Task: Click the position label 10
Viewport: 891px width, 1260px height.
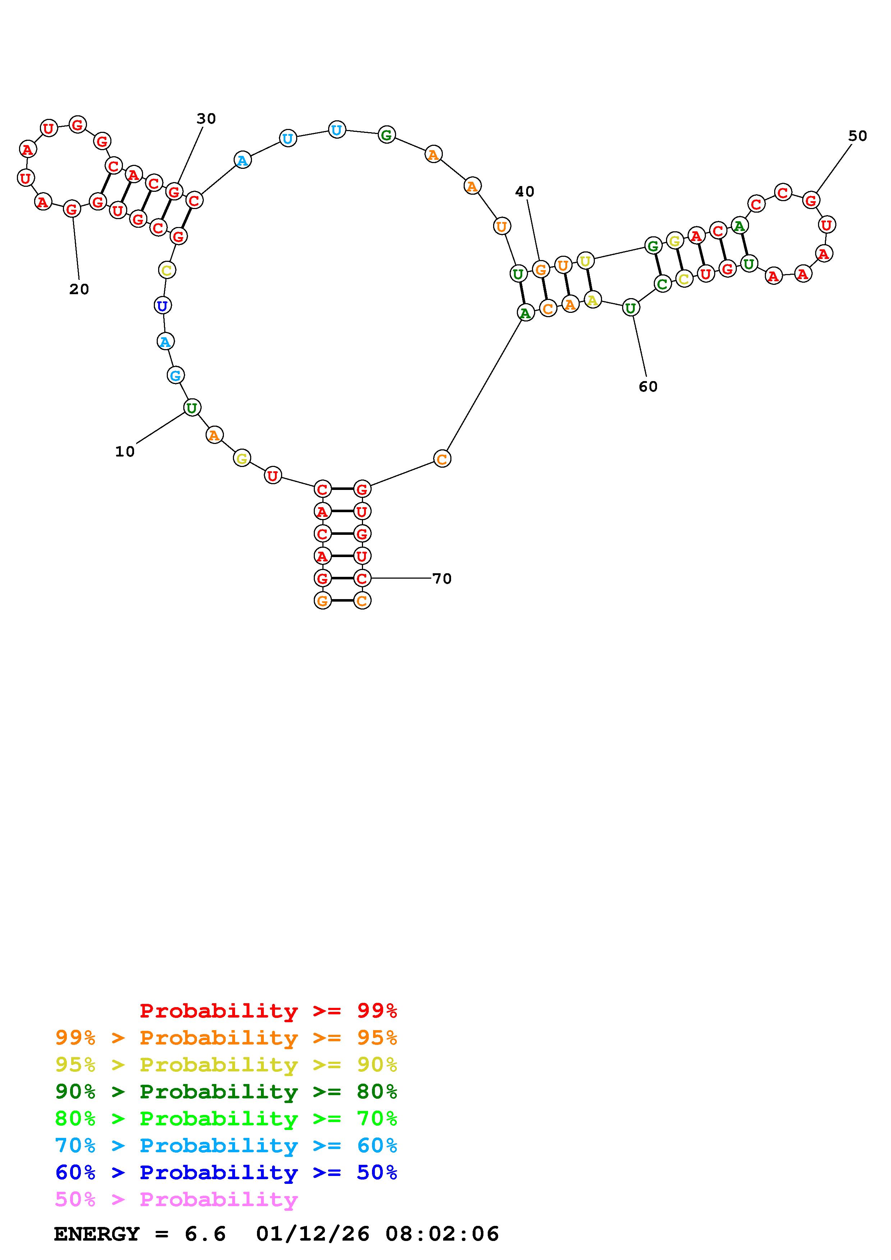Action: click(125, 451)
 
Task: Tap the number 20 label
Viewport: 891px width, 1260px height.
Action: click(79, 289)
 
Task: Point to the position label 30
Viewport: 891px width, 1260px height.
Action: click(206, 119)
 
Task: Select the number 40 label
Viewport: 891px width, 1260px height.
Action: click(524, 191)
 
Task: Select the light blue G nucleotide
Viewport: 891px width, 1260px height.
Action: click(175, 375)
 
